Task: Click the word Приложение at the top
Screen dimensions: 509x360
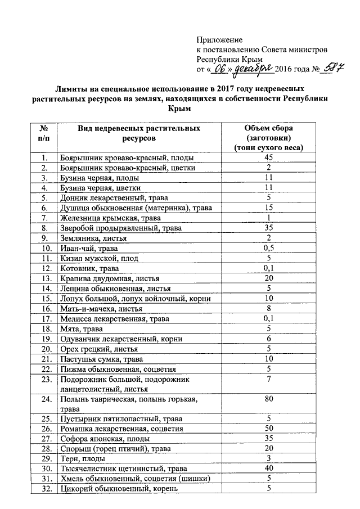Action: click(x=219, y=40)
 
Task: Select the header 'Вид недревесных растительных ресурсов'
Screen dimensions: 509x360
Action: click(x=139, y=133)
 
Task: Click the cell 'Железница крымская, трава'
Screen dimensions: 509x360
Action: click(x=106, y=218)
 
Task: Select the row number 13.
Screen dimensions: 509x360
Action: click(x=43, y=278)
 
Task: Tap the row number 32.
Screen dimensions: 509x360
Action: click(x=43, y=489)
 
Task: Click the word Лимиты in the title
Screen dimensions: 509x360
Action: click(x=70, y=89)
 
